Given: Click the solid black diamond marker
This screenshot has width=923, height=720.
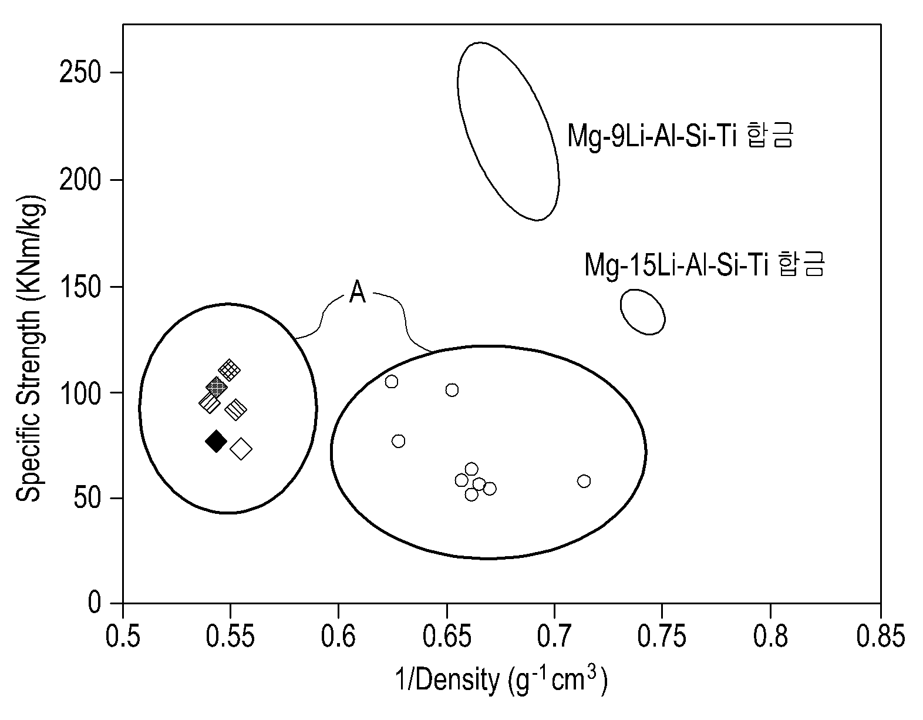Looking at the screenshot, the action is click(x=215, y=441).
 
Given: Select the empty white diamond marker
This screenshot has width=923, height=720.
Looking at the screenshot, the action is click(x=241, y=449).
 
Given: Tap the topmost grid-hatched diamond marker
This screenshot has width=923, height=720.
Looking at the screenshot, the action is click(x=230, y=370).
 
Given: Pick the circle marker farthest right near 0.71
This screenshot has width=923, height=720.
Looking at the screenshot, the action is click(x=584, y=481).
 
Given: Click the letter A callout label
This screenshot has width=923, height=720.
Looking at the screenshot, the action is click(x=357, y=292).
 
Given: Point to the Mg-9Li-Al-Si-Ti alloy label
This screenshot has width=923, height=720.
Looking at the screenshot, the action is click(x=680, y=135).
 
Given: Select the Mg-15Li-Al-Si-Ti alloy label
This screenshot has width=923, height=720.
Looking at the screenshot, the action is click(x=704, y=264).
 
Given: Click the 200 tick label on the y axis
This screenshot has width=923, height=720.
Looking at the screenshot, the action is click(x=79, y=180).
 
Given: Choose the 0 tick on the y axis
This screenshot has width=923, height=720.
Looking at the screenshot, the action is click(x=93, y=603).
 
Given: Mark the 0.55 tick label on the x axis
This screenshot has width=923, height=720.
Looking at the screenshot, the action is click(x=230, y=637).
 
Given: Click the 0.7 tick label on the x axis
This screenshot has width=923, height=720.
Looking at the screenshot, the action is click(x=554, y=637).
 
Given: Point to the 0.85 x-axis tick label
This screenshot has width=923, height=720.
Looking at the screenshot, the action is click(x=880, y=637).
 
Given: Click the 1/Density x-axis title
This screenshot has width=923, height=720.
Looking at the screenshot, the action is click(x=501, y=680).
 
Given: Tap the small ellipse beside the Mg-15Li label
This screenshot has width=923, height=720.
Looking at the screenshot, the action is click(x=643, y=312).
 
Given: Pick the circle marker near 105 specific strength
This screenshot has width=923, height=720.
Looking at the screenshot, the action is click(x=391, y=382).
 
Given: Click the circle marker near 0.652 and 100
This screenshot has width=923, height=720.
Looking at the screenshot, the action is click(x=452, y=389).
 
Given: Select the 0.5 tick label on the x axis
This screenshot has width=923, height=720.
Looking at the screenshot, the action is click(x=123, y=637).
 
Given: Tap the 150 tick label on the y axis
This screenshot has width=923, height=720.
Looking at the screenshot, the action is click(x=79, y=287).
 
